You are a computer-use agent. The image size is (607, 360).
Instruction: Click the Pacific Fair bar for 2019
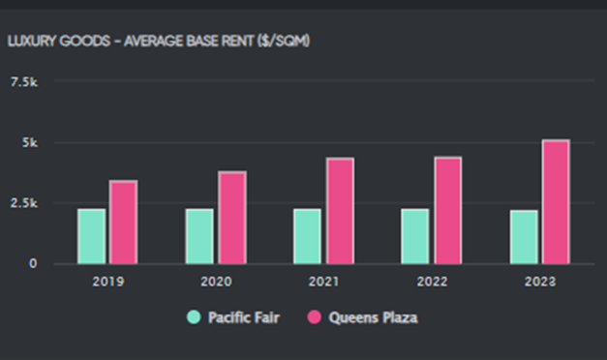(x=91, y=236)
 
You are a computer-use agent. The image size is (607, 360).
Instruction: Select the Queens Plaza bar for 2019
(x=123, y=223)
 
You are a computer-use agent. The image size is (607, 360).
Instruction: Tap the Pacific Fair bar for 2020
(x=199, y=236)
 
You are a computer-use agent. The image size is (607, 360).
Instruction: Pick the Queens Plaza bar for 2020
(x=232, y=218)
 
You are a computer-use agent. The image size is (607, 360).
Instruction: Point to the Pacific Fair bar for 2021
(x=307, y=236)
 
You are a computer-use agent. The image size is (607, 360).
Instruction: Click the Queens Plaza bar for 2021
(x=340, y=211)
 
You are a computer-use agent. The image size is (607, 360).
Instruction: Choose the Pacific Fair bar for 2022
(x=415, y=236)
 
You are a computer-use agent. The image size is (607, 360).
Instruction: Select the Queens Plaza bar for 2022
(x=448, y=211)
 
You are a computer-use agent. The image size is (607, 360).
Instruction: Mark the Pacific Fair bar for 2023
(x=524, y=237)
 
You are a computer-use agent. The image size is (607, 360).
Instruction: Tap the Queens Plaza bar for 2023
(x=556, y=201)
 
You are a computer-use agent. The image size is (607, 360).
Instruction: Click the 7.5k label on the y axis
(x=24, y=82)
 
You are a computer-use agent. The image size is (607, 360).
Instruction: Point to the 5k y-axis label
(x=30, y=143)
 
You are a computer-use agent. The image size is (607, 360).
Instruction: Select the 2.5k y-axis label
(x=24, y=203)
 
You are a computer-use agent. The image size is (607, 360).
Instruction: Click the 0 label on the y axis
(x=33, y=263)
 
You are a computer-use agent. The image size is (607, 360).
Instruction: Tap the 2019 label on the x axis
(x=108, y=282)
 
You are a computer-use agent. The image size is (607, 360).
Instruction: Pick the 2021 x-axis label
(x=323, y=282)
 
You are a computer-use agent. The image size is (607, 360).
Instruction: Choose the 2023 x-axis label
(x=540, y=282)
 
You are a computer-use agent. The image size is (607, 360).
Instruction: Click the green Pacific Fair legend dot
(x=194, y=317)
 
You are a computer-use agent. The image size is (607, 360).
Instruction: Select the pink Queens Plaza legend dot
(x=314, y=317)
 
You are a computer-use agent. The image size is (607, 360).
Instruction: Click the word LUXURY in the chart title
(x=32, y=41)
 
